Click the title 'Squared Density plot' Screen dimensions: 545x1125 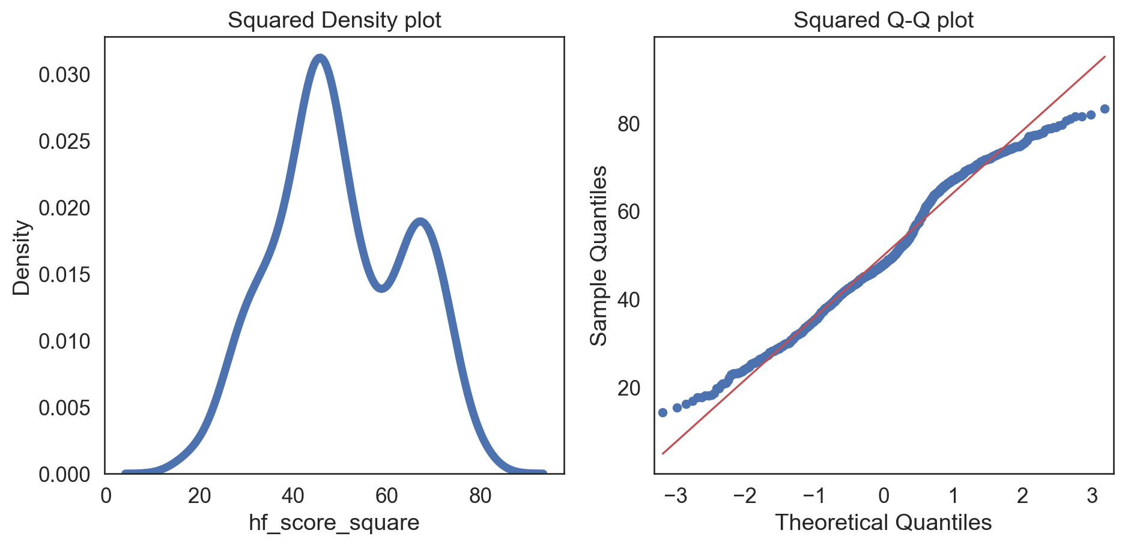[x=335, y=20]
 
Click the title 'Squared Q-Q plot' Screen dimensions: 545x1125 [x=883, y=20]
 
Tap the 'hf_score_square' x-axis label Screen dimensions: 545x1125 [x=334, y=523]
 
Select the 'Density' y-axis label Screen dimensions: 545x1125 [x=22, y=257]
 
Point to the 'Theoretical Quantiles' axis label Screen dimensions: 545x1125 [x=883, y=523]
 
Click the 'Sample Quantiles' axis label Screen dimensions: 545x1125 [x=598, y=256]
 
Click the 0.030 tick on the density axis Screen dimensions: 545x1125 [x=64, y=75]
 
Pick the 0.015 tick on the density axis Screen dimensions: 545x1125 [x=64, y=275]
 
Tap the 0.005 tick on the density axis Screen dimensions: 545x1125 [x=64, y=408]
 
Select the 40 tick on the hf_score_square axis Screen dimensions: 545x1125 [x=293, y=496]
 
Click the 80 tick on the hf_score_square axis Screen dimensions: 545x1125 [x=481, y=496]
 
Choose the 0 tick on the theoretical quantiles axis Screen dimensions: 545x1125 [x=884, y=496]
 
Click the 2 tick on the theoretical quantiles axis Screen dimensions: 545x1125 [x=1022, y=496]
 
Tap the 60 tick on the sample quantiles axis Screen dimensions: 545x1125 [x=629, y=212]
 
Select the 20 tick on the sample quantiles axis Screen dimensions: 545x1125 [x=629, y=388]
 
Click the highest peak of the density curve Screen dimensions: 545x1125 [x=320, y=58]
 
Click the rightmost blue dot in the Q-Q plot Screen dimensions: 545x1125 [x=1104, y=109]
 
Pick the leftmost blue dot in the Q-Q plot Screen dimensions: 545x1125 [x=663, y=412]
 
